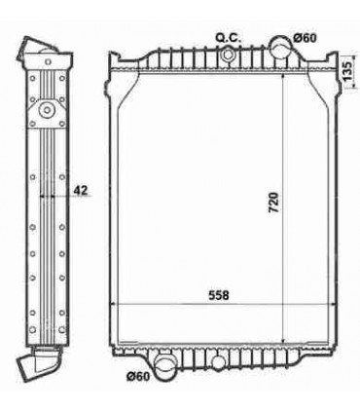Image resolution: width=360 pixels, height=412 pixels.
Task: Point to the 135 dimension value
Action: click(347, 70)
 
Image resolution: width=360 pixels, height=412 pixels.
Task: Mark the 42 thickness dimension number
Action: click(81, 191)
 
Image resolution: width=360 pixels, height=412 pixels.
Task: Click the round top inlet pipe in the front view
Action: click(281, 45)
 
